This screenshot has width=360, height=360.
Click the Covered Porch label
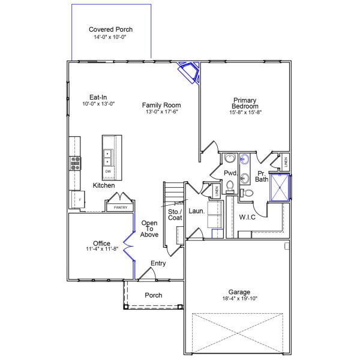pyautogui.click(x=110, y=29)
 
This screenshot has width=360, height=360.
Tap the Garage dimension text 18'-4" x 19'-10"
pyautogui.click(x=239, y=298)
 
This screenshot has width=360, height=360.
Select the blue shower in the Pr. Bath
pyautogui.click(x=279, y=187)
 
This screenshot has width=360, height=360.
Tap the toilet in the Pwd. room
pyautogui.click(x=229, y=185)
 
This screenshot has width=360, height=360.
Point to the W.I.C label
pyautogui.click(x=247, y=217)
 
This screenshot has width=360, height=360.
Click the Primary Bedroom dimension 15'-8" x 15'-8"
pyautogui.click(x=245, y=112)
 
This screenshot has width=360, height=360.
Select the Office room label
pyautogui.click(x=101, y=243)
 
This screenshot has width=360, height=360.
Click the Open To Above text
pyautogui.click(x=149, y=229)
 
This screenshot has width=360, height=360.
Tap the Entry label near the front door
pyautogui.click(x=158, y=263)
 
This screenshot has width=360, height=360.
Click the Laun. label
pyautogui.click(x=197, y=211)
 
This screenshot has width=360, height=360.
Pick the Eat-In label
pyautogui.click(x=98, y=97)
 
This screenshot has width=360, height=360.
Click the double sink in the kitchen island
pyautogui.click(x=108, y=157)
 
